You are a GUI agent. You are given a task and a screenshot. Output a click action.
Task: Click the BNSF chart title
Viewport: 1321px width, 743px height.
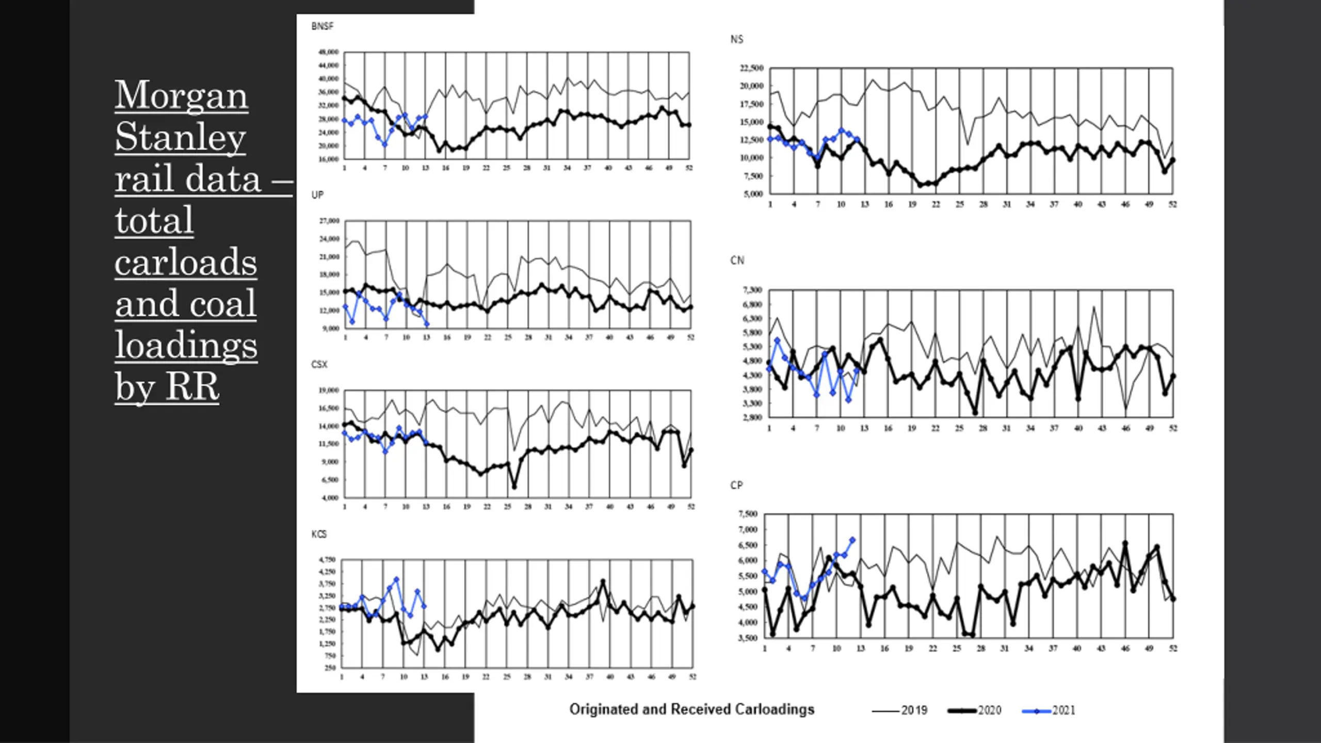(322, 26)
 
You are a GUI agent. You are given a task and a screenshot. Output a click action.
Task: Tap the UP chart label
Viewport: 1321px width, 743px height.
(317, 195)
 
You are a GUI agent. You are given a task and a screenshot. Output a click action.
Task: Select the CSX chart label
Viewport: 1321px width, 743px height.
(319, 365)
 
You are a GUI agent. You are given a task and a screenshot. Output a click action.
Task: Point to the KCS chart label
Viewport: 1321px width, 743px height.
(319, 534)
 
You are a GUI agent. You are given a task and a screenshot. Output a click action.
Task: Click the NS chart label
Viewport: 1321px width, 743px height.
(736, 40)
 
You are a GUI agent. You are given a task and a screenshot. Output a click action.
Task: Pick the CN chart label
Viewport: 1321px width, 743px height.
(737, 261)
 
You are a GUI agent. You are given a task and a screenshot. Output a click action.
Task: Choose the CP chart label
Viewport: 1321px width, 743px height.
(736, 486)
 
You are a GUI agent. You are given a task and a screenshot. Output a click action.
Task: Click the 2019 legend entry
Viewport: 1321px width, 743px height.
(900, 710)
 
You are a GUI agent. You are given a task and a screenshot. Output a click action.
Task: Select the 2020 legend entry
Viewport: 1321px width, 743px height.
(975, 710)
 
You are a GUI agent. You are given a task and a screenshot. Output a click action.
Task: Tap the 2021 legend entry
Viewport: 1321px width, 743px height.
(1050, 710)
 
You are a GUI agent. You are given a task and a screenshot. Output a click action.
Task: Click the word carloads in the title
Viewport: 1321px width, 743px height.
(186, 262)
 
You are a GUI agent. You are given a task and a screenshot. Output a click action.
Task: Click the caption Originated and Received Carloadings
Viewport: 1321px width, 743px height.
(691, 709)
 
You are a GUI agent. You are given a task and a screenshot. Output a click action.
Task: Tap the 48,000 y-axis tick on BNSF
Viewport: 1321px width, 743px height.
(329, 52)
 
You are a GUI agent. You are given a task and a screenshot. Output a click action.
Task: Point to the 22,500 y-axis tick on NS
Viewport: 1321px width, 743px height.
(751, 68)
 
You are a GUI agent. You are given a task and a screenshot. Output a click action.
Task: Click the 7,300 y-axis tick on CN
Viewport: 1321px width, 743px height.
(752, 290)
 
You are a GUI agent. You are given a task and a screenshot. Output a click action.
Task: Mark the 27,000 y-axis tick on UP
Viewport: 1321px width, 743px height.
(329, 221)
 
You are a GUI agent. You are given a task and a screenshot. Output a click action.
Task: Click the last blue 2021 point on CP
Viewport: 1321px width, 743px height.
(852, 540)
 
